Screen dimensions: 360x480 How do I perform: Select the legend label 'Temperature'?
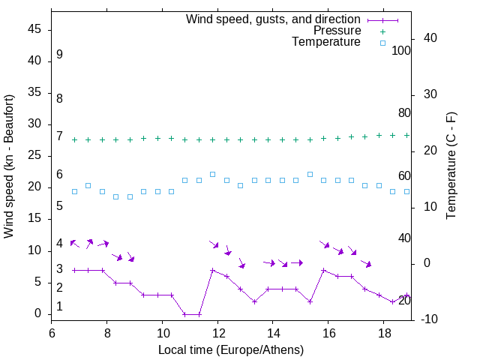pos(326,42)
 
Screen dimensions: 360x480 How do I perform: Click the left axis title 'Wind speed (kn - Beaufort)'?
pos(9,166)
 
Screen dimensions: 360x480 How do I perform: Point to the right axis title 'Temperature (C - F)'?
pos(451,166)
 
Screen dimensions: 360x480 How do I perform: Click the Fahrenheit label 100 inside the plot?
pos(401,51)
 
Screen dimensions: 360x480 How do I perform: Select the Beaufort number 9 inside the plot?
pos(59,55)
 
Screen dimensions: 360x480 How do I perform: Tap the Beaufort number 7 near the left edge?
pos(59,136)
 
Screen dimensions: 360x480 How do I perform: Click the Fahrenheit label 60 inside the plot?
pos(404,176)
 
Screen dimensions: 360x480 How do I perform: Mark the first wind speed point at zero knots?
pos(184,314)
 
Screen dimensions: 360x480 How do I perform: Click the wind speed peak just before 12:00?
pos(212,270)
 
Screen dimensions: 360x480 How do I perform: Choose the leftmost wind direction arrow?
pos(74,243)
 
